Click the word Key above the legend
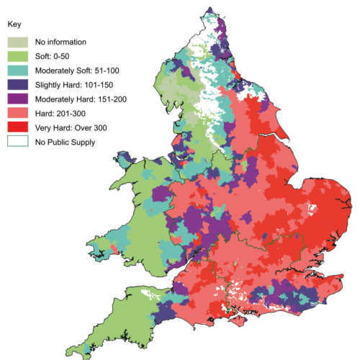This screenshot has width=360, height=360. coord(12,24)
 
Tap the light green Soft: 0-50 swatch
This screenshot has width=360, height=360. coord(18,55)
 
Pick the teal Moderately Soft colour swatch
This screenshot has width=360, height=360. coord(18,69)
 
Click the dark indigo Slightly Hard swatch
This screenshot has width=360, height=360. coord(18,84)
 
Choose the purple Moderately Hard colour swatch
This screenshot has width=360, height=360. coord(18,98)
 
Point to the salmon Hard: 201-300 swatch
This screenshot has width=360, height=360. coord(18,112)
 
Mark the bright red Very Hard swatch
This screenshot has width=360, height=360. coord(18,127)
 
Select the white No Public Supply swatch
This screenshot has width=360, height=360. coord(18,141)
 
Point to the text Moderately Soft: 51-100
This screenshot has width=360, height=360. coord(71,71)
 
